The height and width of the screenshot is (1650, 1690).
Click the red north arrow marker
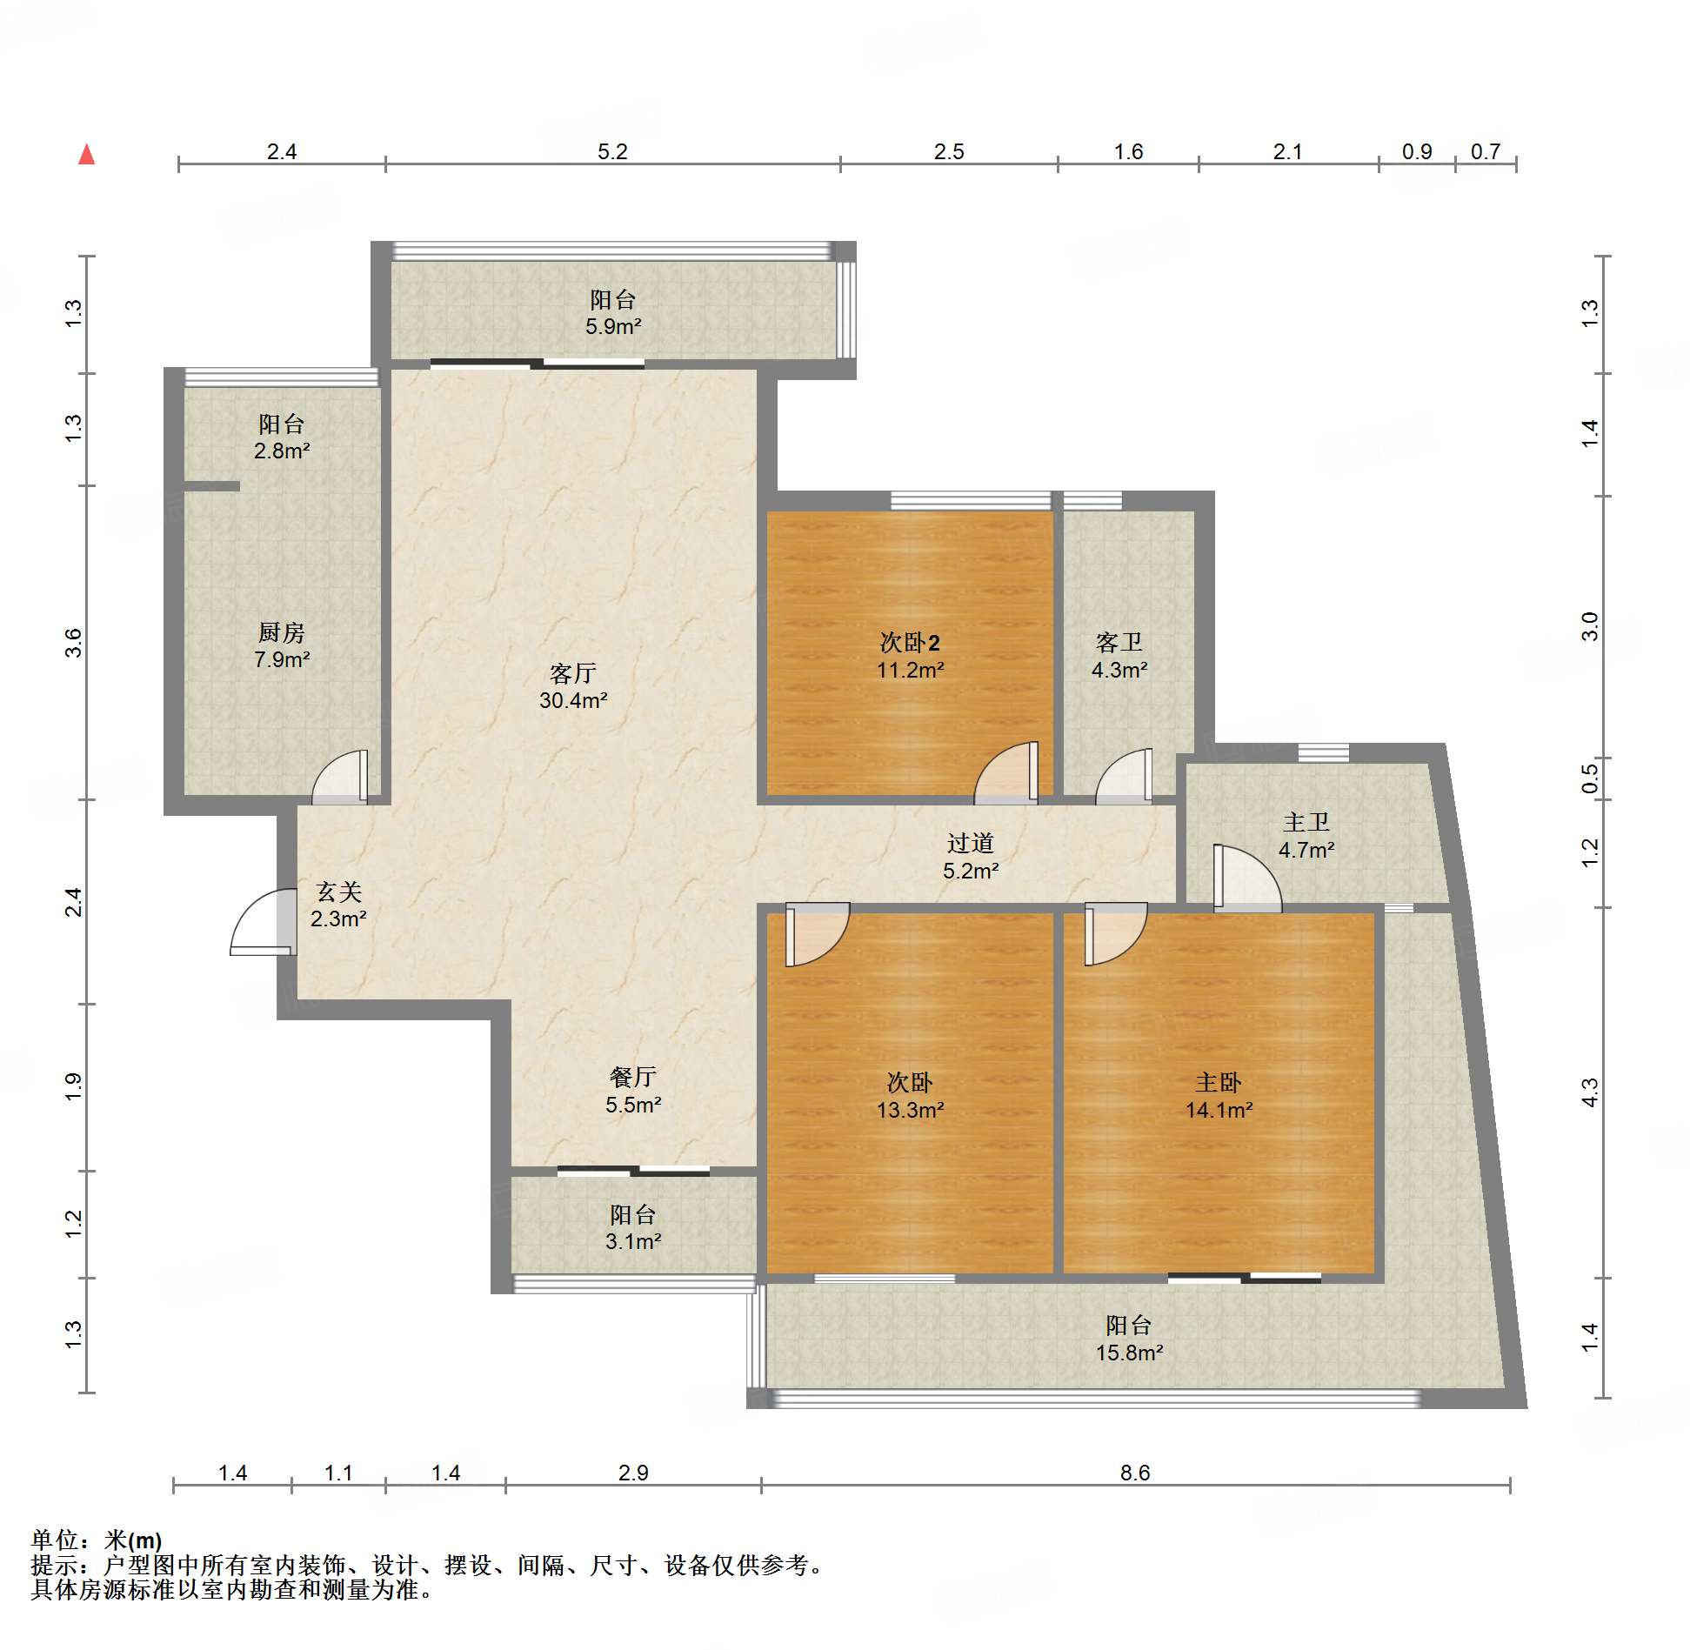[86, 155]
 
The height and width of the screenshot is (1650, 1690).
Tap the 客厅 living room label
[572, 673]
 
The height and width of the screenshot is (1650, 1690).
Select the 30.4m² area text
[572, 700]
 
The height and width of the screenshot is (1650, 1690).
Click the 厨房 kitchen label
[281, 632]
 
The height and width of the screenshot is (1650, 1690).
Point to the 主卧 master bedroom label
[1218, 1082]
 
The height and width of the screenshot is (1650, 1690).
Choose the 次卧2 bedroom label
[909, 643]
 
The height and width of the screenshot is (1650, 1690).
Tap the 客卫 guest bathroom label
[1119, 643]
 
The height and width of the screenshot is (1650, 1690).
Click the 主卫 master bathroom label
[1306, 822]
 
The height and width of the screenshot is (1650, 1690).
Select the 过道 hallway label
[970, 843]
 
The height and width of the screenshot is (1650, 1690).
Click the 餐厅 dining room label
[632, 1077]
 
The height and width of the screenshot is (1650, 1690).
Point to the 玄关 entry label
[338, 892]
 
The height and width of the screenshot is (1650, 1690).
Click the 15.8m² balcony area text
[1129, 1353]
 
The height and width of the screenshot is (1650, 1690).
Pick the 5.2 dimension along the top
[612, 151]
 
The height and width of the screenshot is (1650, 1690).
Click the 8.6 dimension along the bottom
[1135, 1473]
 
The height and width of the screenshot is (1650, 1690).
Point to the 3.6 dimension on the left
[73, 643]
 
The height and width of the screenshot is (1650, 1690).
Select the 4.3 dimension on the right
[1590, 1092]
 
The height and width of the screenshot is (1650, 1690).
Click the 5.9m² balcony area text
[613, 326]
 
